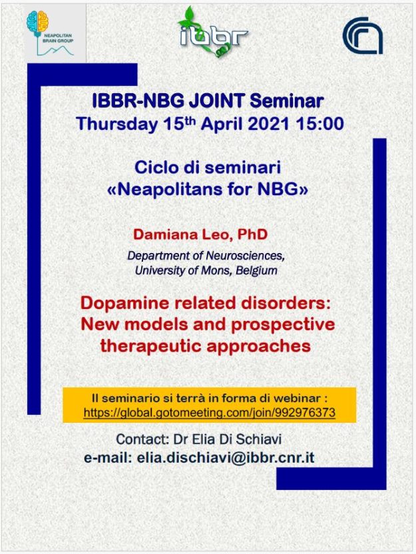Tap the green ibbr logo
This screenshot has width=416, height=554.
coord(213,32)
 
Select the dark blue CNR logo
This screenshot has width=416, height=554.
coord(363,36)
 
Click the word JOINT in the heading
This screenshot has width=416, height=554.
coord(216,101)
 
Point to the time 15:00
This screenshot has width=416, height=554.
coord(320,124)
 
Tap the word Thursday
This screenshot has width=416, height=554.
coord(117,124)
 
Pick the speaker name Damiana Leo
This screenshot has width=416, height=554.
coord(181,234)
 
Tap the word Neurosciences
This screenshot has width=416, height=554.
coord(245,256)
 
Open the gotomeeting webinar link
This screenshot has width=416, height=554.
coord(210,413)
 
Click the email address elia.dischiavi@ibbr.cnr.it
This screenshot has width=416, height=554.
coord(225,458)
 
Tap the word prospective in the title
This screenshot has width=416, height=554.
coord(283,325)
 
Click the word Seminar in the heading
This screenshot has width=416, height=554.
coord(287,101)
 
